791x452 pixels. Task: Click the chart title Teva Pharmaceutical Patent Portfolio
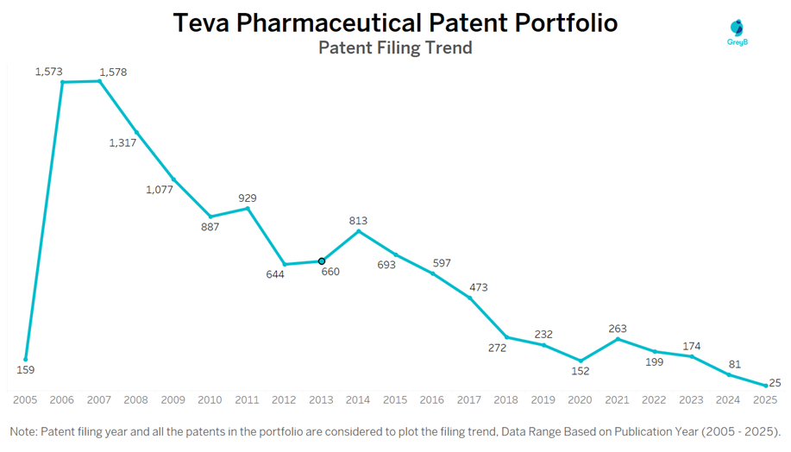point(395,22)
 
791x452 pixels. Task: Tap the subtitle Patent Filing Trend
point(395,47)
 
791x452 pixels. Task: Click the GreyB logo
point(737,33)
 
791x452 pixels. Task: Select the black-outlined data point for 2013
point(322,261)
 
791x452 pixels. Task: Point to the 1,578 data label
point(113,72)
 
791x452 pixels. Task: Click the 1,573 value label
point(49,72)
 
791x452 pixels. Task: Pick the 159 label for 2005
point(26,370)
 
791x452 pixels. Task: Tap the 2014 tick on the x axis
point(358,399)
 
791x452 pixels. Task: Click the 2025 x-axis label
point(765,399)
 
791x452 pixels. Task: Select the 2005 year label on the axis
point(25,399)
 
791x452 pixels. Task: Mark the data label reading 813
point(358,221)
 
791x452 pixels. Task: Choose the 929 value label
point(248,198)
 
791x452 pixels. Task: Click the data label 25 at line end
point(775,382)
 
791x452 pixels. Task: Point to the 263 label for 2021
point(618,329)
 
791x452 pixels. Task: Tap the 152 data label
point(581,371)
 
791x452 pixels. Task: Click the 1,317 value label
point(122,142)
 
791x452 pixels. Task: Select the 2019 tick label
point(543,399)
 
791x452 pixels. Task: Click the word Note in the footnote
point(24,430)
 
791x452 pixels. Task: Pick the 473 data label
point(479,287)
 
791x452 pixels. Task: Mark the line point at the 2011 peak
point(248,208)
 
